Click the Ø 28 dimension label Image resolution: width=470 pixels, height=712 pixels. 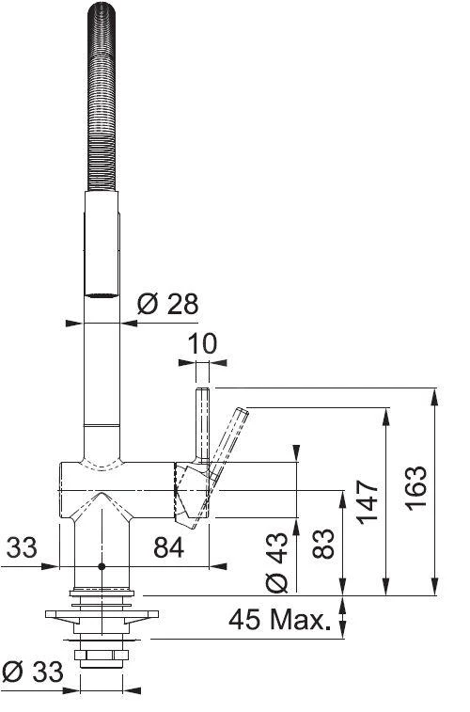[x=167, y=304]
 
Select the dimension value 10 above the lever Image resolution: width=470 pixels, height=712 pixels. [x=202, y=344]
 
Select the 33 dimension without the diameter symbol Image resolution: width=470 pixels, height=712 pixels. [x=24, y=546]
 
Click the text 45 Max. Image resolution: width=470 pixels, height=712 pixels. [x=281, y=621]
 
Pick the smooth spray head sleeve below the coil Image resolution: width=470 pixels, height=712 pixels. [x=102, y=245]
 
